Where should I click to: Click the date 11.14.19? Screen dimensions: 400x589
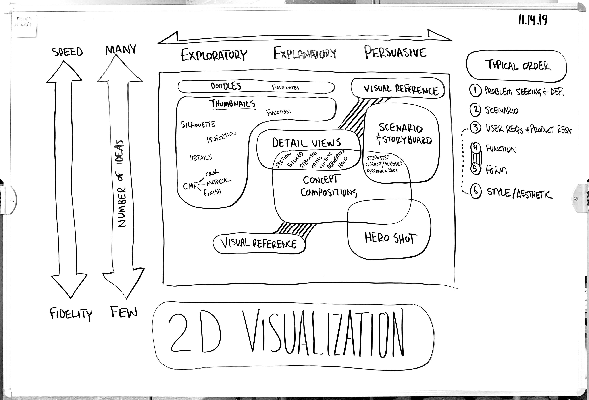pos(533,20)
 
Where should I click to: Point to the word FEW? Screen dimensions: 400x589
pos(124,312)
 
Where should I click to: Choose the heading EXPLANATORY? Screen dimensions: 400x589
pos(305,53)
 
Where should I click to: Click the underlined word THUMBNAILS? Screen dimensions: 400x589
pos(232,104)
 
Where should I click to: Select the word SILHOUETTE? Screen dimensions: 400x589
pos(198,124)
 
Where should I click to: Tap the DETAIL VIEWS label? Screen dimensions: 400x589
pos(306,143)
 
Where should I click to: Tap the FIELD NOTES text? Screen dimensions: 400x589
pos(285,87)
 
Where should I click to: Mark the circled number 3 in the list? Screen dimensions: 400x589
pos(476,127)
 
